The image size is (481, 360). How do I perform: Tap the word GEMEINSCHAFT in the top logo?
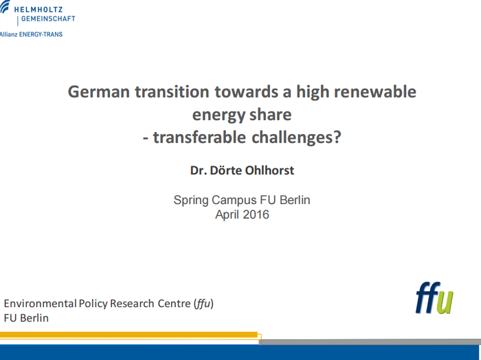pos(48,19)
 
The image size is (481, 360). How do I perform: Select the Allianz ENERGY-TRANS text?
pos(32,34)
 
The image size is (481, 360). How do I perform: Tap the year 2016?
pos(256,214)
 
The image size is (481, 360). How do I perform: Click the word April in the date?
pos(228,214)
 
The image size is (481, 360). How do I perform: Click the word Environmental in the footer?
pos(40,303)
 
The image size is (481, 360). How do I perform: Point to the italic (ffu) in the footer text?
pos(203,303)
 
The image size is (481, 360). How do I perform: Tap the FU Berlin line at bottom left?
pos(26,318)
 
